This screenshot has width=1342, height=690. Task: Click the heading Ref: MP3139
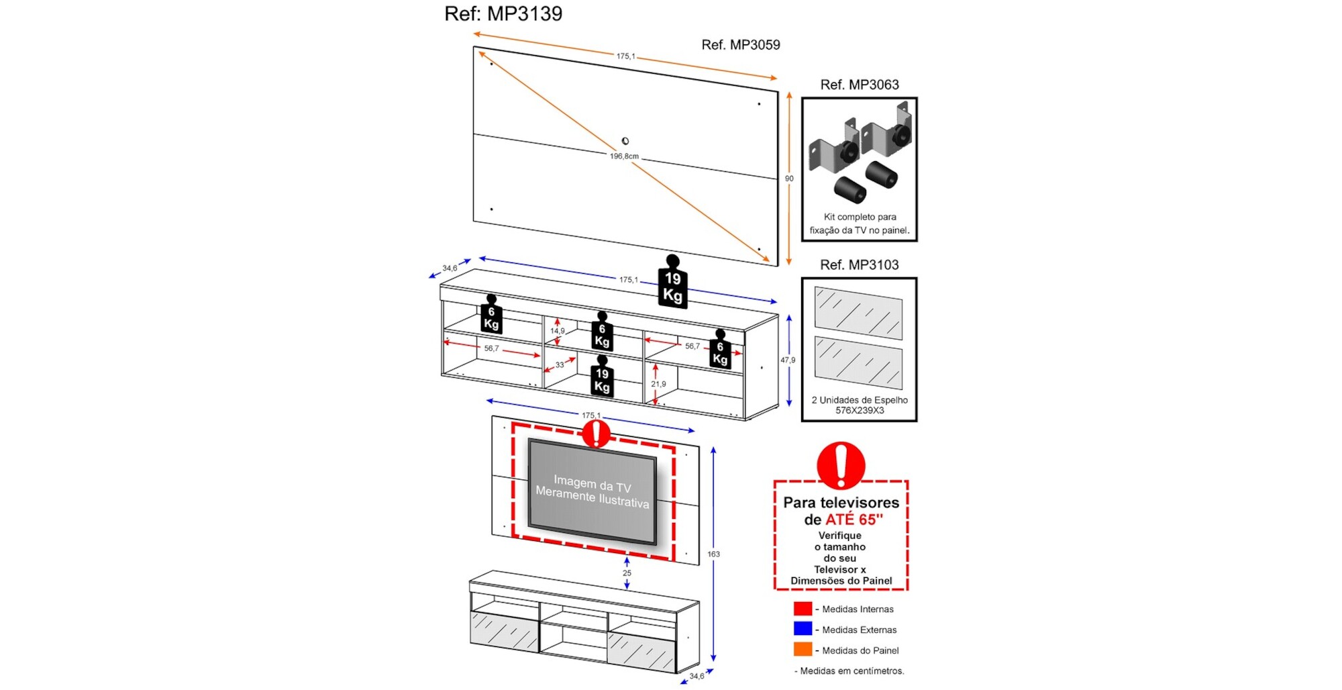point(503,13)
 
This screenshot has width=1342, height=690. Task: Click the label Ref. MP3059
point(740,45)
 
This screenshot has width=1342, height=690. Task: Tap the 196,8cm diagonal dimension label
point(624,156)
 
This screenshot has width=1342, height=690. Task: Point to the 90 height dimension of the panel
point(789,179)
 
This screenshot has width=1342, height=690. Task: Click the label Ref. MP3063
point(859,85)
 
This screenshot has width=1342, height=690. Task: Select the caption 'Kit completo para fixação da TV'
point(860,224)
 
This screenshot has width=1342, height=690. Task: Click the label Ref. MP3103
point(859,265)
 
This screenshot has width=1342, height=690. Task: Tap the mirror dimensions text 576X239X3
point(860,411)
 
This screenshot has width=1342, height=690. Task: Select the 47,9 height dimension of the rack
point(788,360)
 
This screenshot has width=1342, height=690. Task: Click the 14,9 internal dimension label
point(558,331)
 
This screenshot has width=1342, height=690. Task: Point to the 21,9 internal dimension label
point(658,384)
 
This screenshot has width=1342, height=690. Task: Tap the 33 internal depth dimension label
point(560,365)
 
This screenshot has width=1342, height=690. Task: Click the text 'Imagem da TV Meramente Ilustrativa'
point(592,492)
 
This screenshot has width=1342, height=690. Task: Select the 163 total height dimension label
point(713,554)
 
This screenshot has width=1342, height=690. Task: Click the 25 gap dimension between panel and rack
point(627,573)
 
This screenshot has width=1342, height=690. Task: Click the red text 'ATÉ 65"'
point(854,520)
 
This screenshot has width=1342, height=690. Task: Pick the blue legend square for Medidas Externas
point(803,629)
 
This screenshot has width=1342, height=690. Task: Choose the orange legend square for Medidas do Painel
point(803,650)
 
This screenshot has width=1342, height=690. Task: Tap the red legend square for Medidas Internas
point(803,609)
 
